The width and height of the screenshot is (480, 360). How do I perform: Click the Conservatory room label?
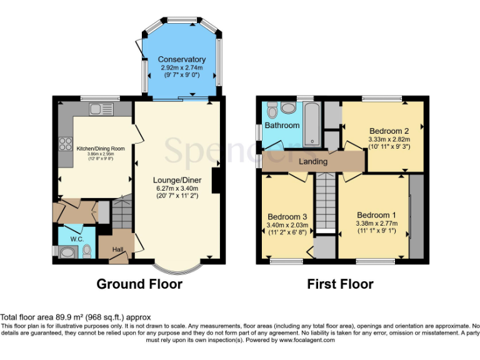tap(181, 60)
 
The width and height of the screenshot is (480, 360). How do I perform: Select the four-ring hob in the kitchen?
tap(65, 144)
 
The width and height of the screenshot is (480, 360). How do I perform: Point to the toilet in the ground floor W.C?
tap(86, 251)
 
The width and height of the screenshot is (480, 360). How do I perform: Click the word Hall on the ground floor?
tap(117, 250)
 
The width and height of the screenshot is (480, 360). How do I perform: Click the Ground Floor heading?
tap(139, 284)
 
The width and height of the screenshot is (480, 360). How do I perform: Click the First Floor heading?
tap(340, 284)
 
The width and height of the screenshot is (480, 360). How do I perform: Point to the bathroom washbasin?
tap(288, 108)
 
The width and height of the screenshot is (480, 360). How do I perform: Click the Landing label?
tap(312, 161)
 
